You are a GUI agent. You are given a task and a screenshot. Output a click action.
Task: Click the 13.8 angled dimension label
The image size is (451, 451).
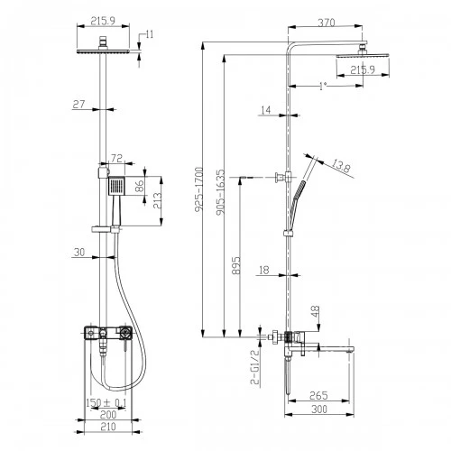click(340, 166)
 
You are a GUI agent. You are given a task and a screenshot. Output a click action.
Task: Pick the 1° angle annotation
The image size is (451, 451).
click(323, 87)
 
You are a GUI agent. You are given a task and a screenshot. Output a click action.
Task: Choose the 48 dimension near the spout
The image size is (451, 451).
click(316, 312)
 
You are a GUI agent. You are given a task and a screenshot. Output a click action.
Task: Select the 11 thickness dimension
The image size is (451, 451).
click(150, 34)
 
